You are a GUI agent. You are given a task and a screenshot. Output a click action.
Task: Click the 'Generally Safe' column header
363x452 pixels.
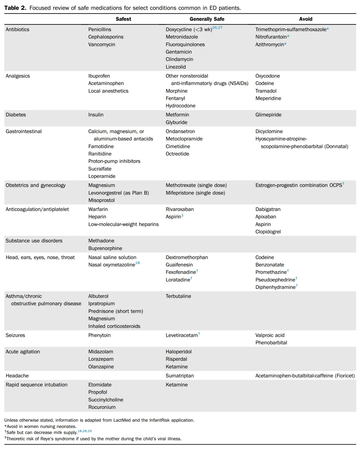click(207, 19)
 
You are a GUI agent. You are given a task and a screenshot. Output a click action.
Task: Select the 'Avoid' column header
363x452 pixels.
click(306, 19)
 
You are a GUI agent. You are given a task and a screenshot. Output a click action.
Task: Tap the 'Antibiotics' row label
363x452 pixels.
click(18, 30)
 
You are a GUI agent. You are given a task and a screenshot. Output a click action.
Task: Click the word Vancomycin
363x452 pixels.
click(101, 45)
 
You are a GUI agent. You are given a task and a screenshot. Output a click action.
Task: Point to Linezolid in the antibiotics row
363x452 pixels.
click(176, 67)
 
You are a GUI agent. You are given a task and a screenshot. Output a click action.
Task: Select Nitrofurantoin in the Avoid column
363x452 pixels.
click(271, 37)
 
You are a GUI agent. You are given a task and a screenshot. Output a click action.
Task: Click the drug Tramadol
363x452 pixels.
click(266, 91)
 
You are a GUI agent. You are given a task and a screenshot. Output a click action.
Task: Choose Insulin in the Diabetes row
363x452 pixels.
click(96, 115)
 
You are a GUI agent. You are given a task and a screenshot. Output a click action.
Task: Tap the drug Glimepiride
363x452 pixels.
click(268, 115)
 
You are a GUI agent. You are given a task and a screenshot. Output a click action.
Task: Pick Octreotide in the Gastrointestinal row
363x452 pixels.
click(177, 154)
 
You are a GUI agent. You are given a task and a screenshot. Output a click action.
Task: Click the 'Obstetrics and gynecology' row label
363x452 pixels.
click(36, 185)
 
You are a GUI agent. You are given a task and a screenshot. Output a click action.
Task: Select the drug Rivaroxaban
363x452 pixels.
click(179, 209)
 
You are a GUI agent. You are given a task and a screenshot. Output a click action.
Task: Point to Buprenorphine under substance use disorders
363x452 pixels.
click(105, 248)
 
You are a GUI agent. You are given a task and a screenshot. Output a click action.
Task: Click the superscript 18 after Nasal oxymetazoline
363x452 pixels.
click(138, 263)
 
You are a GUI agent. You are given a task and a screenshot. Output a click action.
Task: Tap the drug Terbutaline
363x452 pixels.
click(178, 296)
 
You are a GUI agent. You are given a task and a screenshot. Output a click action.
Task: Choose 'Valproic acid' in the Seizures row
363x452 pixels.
click(270, 335)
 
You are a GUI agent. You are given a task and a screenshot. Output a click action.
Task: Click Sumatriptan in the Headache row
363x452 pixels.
click(180, 376)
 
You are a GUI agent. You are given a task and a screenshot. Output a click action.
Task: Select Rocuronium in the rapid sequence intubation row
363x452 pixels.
click(102, 407)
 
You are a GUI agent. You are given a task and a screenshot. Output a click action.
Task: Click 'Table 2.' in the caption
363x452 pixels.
click(15, 8)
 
